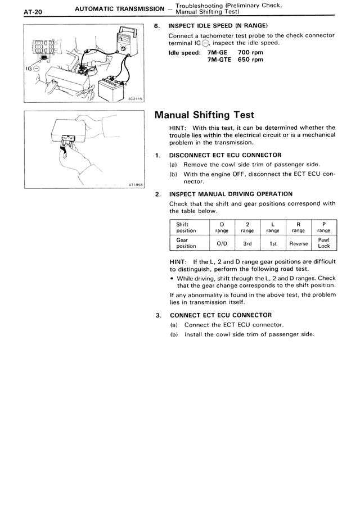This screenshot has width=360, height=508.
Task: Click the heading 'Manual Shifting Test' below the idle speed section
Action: tap(204, 115)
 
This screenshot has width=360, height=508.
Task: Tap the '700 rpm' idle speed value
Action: tap(250, 52)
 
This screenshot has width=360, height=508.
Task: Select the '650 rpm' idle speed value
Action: tap(250, 60)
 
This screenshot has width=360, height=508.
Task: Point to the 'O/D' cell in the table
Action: tap(222, 243)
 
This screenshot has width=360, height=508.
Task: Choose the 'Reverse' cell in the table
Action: tap(298, 243)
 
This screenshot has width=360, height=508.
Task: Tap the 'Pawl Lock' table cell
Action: tap(323, 243)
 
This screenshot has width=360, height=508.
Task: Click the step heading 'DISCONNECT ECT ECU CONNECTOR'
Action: tap(226, 155)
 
